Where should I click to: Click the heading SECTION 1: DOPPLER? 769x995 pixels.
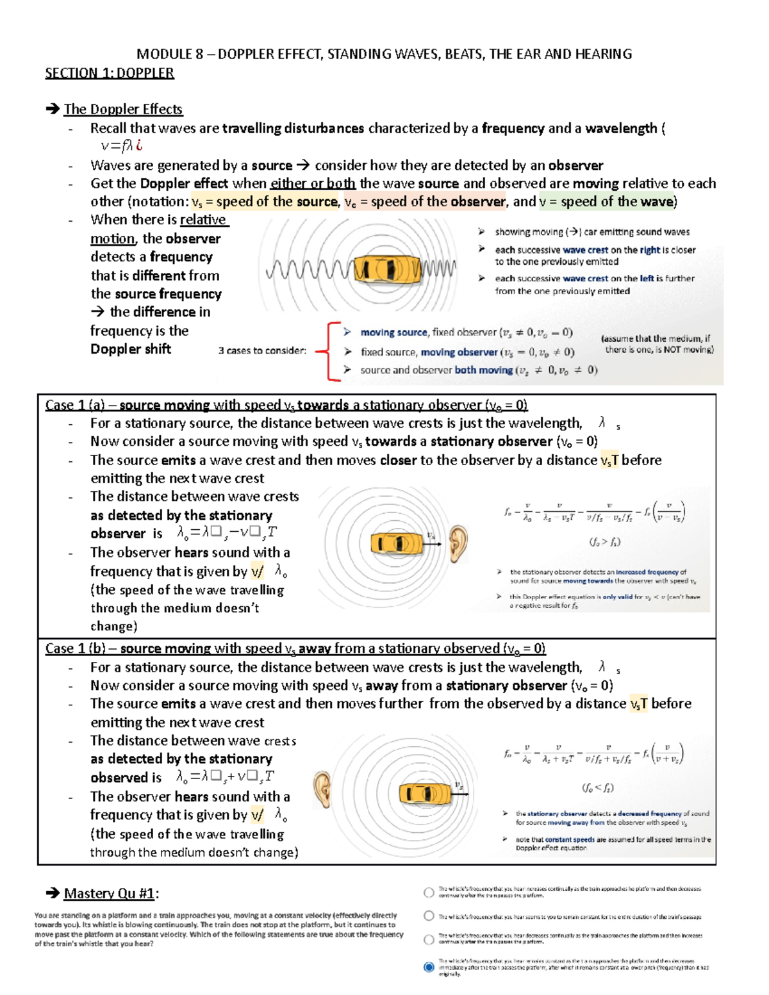[109, 73]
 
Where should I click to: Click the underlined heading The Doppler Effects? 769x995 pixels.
[123, 109]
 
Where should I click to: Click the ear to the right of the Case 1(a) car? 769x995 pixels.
[458, 543]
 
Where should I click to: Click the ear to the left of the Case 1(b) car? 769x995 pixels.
[322, 789]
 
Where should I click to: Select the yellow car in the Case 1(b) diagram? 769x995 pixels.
[424, 794]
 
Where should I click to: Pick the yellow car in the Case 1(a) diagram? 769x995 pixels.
[397, 544]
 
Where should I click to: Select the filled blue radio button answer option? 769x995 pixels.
[429, 967]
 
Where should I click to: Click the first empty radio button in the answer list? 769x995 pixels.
[429, 892]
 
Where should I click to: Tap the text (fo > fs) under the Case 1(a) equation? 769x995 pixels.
[604, 542]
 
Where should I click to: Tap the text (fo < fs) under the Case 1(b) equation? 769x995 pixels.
[597, 787]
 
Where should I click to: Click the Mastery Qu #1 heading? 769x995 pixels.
[111, 893]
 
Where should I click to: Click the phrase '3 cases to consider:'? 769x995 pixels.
[262, 351]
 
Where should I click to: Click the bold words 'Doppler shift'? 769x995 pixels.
[131, 349]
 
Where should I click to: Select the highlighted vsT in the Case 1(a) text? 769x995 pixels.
[609, 461]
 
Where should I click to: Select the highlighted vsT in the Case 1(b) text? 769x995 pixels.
[639, 704]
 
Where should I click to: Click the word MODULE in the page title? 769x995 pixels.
[165, 54]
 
